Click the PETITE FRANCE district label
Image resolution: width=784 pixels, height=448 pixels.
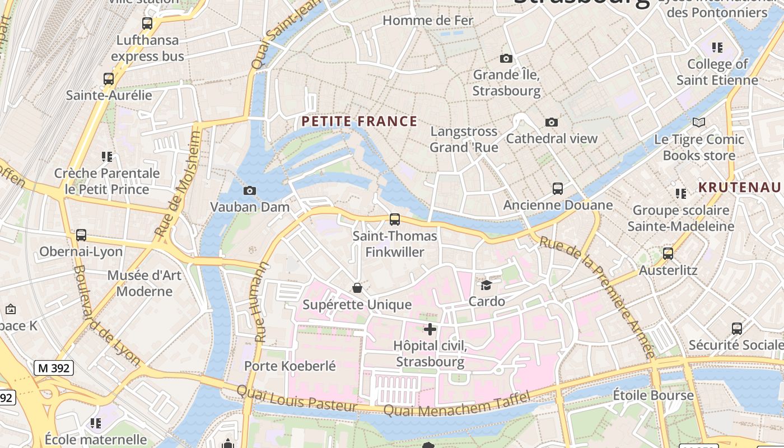click(360, 121)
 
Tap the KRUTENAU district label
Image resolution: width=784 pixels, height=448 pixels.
click(739, 187)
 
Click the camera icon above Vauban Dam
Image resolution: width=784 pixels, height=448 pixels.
click(250, 191)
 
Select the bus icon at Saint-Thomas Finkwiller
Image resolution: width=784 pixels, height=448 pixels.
click(395, 220)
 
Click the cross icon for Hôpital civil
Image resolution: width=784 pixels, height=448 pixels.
click(430, 329)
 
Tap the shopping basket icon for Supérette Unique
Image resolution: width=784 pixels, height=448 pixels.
click(357, 288)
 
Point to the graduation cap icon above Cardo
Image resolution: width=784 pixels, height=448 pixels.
click(486, 285)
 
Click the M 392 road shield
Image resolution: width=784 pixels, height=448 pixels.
click(54, 368)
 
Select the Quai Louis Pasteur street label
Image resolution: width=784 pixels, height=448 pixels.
click(297, 398)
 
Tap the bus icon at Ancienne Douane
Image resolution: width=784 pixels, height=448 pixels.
click(557, 189)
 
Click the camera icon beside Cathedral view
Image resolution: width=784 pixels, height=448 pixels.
click(552, 122)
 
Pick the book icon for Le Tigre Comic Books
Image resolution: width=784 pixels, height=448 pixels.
click(698, 122)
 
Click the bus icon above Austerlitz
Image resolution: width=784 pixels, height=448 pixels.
click(668, 254)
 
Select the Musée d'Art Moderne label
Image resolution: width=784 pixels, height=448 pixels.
click(144, 283)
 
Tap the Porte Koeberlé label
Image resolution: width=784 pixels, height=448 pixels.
click(290, 366)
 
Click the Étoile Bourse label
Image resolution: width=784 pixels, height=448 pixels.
click(653, 395)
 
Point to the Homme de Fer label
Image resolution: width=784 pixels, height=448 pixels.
click(428, 21)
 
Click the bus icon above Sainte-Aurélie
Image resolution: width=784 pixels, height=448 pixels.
click(109, 79)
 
